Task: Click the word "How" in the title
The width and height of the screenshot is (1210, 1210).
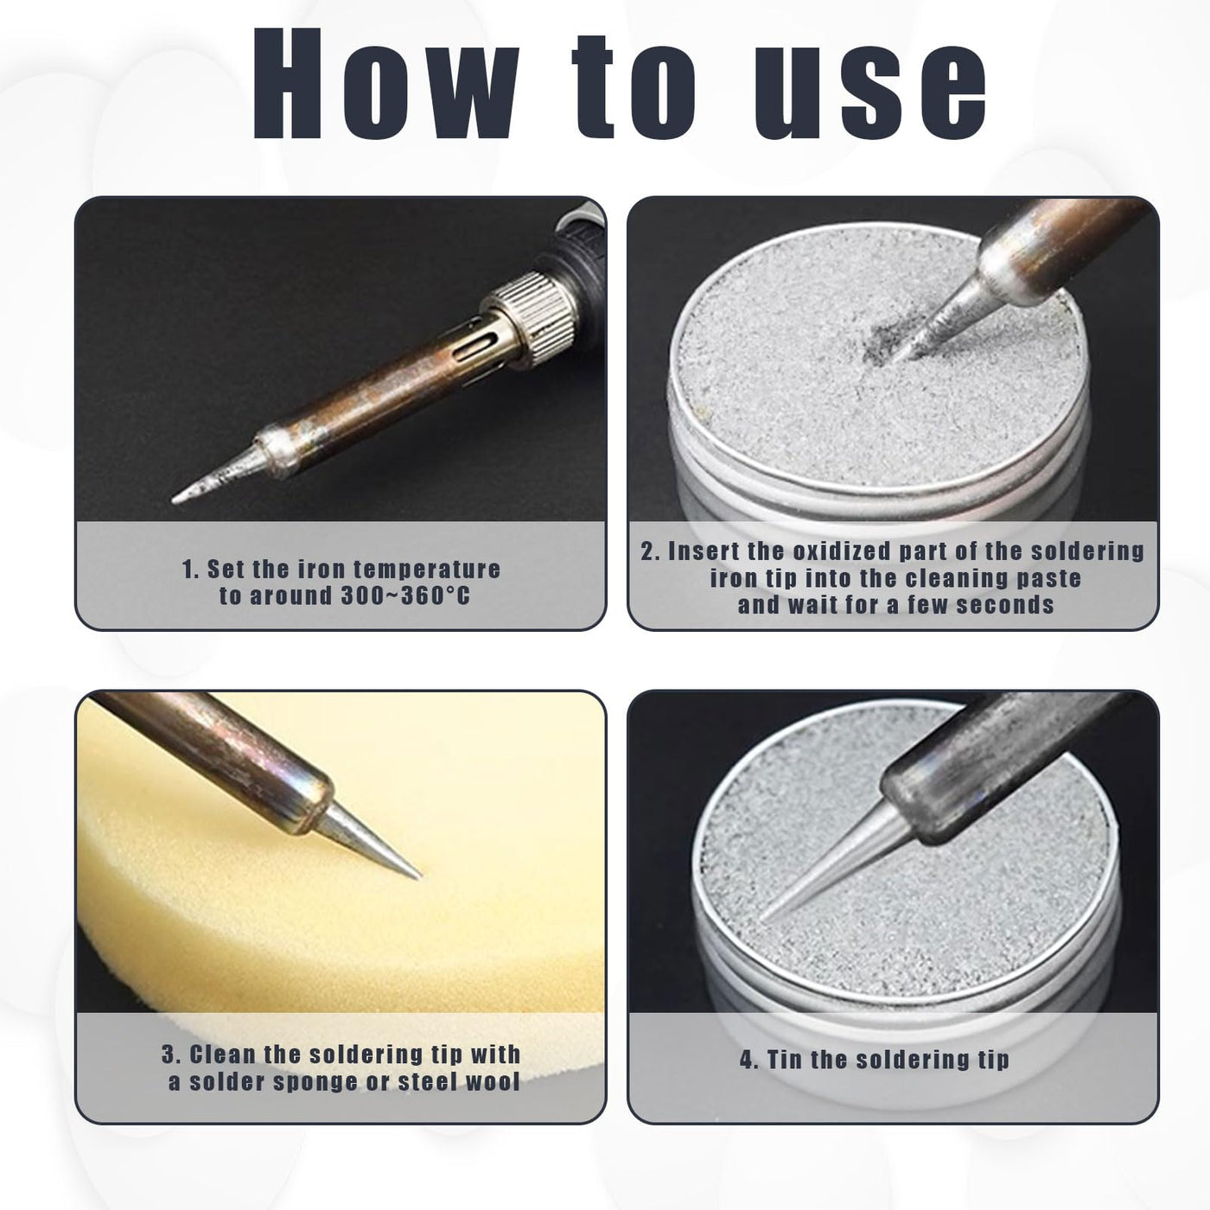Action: [x=386, y=83]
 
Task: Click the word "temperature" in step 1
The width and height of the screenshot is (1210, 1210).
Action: [x=427, y=569]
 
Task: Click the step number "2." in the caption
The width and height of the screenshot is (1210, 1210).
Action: [x=651, y=551]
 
